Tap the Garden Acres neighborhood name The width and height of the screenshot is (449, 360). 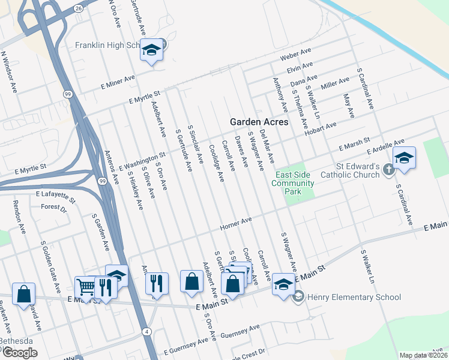point(259,122)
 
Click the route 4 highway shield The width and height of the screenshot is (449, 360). point(147,331)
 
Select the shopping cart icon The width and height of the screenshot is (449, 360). point(85,287)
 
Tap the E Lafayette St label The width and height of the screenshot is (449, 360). point(56,196)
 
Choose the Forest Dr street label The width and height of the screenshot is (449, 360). point(54,207)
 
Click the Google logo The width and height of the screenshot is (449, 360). point(19,353)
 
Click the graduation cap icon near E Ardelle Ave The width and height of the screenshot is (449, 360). point(404,157)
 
